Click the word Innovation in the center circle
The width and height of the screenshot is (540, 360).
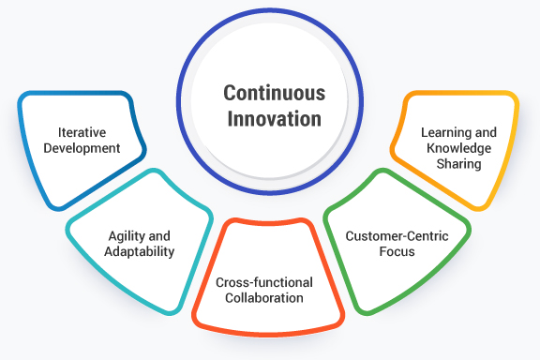[274, 119]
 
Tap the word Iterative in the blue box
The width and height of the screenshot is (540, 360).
[80, 132]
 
